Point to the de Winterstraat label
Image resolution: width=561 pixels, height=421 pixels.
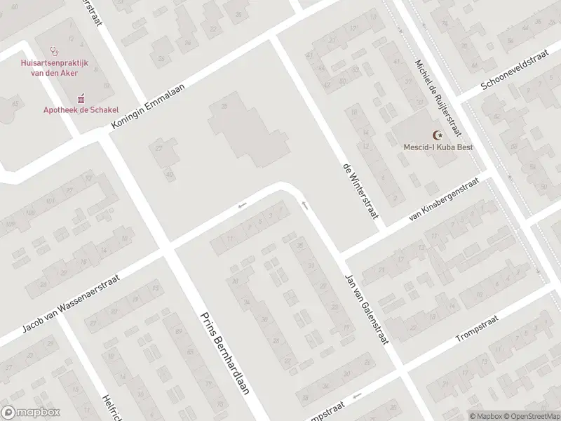click(x=360, y=190)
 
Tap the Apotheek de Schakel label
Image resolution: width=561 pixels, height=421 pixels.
click(x=81, y=109)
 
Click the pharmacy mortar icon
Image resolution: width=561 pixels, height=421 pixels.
click(x=81, y=98)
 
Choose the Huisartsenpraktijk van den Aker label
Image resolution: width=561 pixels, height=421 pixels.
click(x=54, y=68)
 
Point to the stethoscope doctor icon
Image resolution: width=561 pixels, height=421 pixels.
click(x=54, y=51)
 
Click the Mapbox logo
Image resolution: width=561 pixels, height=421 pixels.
click(x=31, y=412)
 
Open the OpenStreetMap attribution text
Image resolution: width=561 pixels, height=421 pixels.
click(x=531, y=415)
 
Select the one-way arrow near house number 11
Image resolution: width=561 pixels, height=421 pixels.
click(x=243, y=206)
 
